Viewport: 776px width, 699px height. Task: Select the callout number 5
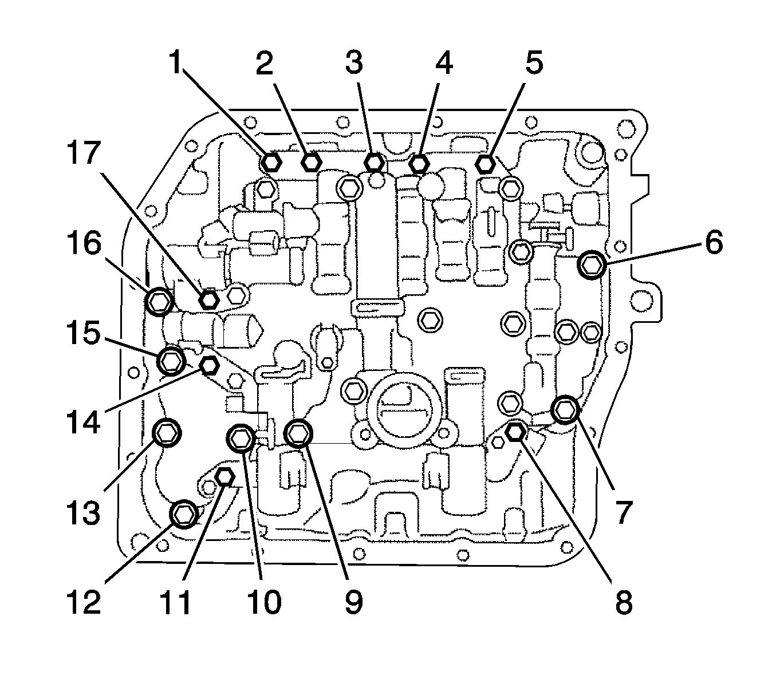point(533,62)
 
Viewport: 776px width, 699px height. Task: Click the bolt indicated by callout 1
point(271,162)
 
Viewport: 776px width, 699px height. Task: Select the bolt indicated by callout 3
point(374,162)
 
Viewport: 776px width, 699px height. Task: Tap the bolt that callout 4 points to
point(419,163)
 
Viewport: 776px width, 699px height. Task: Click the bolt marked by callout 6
point(592,264)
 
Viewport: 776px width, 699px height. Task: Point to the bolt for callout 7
point(566,409)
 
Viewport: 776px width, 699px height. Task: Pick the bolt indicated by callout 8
point(515,431)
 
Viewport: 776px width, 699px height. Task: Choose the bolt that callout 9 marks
point(298,433)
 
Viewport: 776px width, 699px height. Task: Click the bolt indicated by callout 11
point(225,476)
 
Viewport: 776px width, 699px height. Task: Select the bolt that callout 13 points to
point(167,431)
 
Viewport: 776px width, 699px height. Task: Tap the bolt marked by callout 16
point(159,301)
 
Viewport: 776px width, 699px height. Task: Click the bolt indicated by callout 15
point(171,360)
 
